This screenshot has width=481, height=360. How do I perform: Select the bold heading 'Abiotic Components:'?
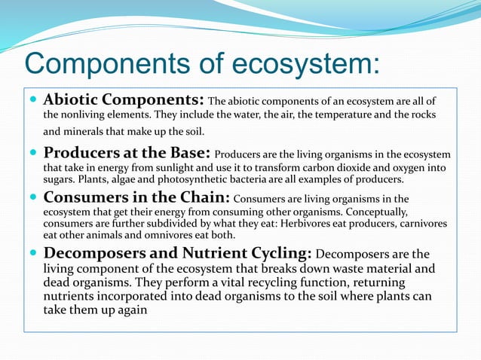point(124,100)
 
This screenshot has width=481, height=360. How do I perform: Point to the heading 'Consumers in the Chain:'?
point(136,198)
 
